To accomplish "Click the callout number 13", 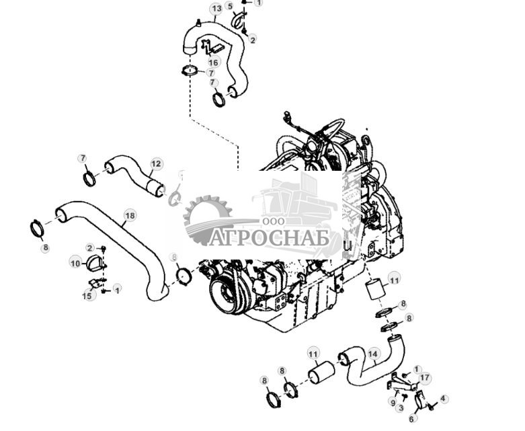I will pos(216,9).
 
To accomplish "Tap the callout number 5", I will pos(230,6).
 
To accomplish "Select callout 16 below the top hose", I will pos(214,63).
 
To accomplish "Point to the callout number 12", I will pos(156,163).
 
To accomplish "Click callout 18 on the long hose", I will pos(130,216).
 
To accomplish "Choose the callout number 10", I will pos(75,264).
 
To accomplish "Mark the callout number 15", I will pos(87,296).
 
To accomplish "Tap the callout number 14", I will pos(373,353).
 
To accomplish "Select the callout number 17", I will pos(424,378).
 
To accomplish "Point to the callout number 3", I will pos(401,407).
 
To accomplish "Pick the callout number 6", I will pos(412,418).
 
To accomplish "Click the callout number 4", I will pos(443,399).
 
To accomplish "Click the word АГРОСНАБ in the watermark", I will pos(269,239).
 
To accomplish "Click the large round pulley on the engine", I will pos(225,294).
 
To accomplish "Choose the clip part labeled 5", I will pos(238,22).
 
